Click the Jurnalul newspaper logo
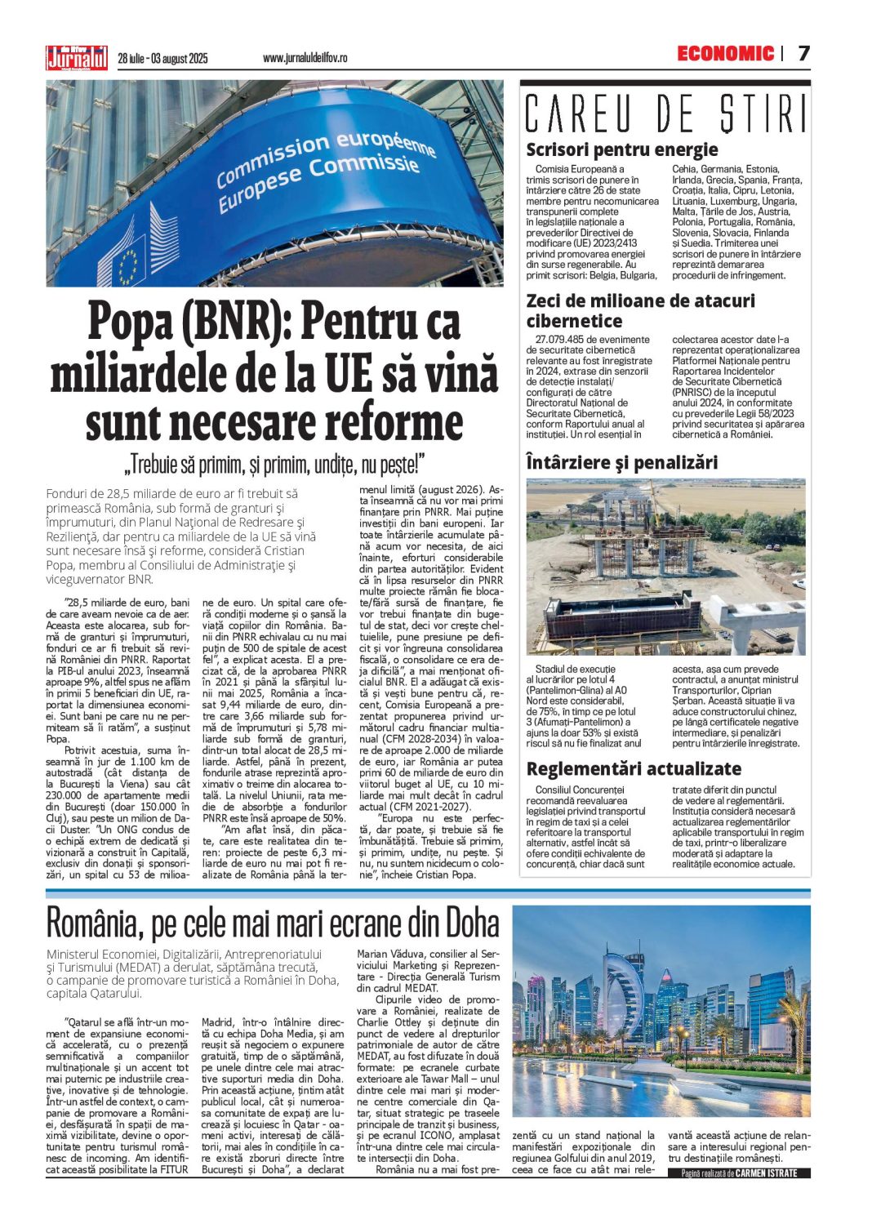point(76,58)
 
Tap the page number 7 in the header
point(803,54)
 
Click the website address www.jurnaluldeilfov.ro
point(305,58)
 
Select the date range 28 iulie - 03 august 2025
point(162,58)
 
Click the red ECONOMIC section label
point(725,54)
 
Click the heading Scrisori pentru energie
point(621,149)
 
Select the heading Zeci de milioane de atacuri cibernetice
point(640,310)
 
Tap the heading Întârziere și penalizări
point(621,463)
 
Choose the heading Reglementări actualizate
point(634,768)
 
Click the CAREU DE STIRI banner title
point(665,113)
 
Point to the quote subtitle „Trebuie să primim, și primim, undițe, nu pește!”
point(274,465)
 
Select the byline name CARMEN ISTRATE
point(772,1173)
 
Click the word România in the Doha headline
point(95,923)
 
